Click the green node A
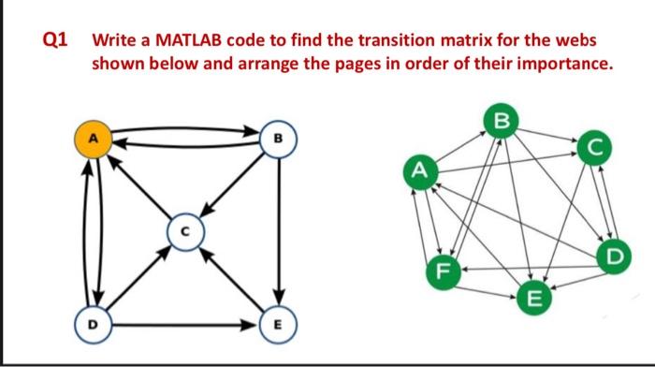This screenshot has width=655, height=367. click(420, 170)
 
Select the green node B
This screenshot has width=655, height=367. click(502, 120)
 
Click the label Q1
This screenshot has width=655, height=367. click(55, 41)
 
